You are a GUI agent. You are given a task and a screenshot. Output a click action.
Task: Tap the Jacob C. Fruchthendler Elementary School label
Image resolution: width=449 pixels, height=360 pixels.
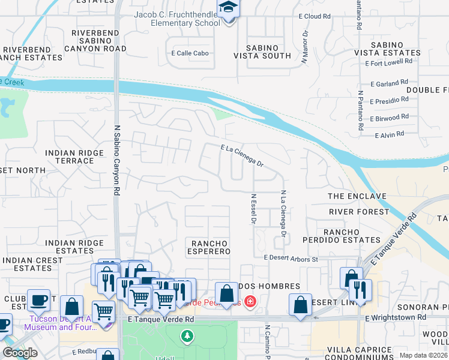tap(177, 19)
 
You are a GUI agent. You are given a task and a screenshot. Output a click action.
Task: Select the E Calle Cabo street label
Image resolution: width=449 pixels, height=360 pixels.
tap(190, 53)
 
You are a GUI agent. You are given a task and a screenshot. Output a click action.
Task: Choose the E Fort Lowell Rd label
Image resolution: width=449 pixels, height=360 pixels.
tap(391, 61)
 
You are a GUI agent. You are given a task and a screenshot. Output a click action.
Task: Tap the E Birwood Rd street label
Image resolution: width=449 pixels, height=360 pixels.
tap(389, 118)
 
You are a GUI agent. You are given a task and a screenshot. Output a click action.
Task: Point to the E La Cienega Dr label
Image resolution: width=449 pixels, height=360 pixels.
tap(242, 155)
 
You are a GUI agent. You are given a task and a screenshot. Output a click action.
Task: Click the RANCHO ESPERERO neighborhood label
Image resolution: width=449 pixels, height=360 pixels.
tap(210, 247)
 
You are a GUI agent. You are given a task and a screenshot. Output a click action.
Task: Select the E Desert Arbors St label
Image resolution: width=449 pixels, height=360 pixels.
tap(291, 259)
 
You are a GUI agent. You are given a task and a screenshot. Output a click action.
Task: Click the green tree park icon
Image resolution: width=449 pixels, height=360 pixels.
tap(187, 337)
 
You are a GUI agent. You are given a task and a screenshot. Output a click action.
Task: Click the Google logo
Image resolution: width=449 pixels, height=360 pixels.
tap(20, 353)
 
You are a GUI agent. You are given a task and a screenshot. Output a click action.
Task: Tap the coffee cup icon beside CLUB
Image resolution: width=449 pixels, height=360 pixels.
tap(38, 300)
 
